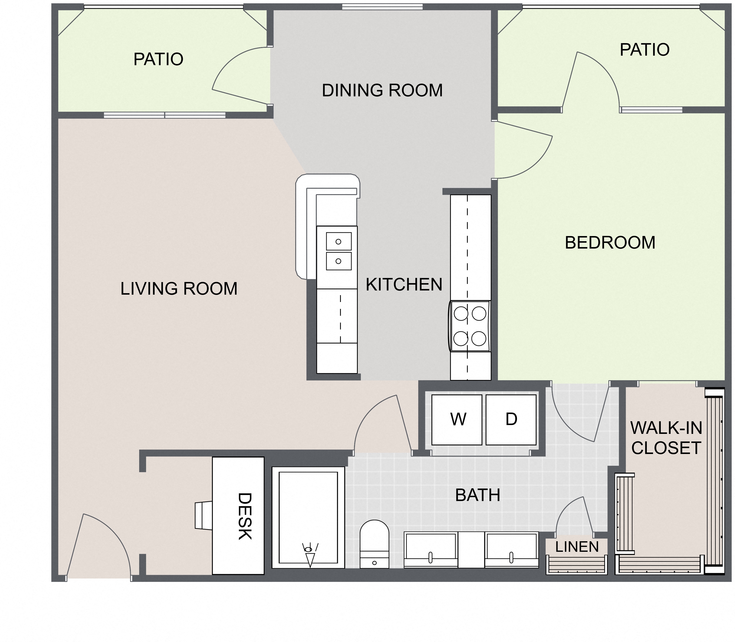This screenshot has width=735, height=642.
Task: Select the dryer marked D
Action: tap(511, 419)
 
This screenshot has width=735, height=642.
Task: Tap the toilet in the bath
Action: tap(374, 544)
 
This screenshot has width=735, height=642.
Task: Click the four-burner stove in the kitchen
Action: tap(469, 326)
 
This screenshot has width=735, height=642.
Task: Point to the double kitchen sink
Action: tap(338, 251)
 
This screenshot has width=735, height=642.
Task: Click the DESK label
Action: tap(245, 516)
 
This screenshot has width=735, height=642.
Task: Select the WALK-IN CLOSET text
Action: tap(666, 437)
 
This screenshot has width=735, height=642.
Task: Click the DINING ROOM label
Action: tap(382, 90)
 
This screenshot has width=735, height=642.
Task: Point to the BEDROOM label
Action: tap(610, 242)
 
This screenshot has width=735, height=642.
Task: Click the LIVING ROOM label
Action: tap(179, 289)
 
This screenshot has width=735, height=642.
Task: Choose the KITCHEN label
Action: tap(404, 284)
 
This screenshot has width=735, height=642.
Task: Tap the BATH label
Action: tap(478, 495)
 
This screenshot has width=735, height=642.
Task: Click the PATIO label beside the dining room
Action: tap(158, 59)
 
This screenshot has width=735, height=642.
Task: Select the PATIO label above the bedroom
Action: tap(644, 50)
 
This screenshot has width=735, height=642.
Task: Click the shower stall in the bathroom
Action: tap(308, 517)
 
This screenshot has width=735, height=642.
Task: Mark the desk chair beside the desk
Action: tap(204, 516)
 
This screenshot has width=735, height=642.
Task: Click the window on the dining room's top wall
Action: tap(382, 6)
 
